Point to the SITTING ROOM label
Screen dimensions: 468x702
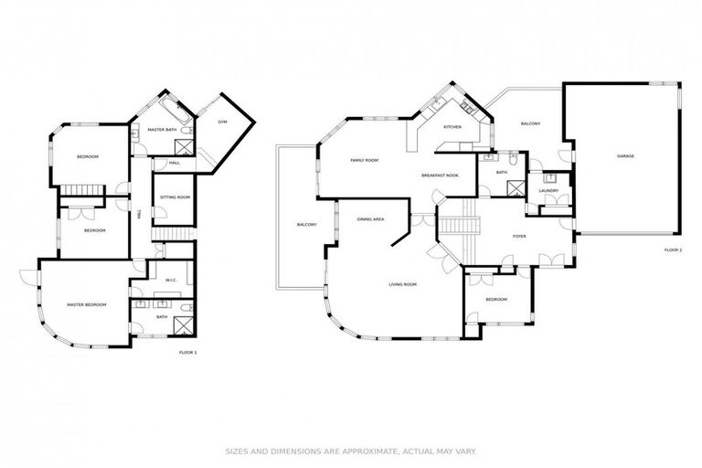(x=175, y=197)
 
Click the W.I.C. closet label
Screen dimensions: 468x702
(x=171, y=280)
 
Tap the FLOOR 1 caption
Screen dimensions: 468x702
(x=187, y=352)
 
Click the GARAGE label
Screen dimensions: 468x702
(x=625, y=156)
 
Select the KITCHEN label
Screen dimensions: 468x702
(x=452, y=127)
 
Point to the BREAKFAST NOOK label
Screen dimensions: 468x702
(x=440, y=175)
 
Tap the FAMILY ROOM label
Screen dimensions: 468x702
(x=364, y=160)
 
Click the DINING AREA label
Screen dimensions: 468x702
(x=370, y=219)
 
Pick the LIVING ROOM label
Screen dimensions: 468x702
(x=402, y=284)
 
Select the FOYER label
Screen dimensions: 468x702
(x=519, y=236)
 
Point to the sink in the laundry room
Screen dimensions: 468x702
(x=548, y=178)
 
